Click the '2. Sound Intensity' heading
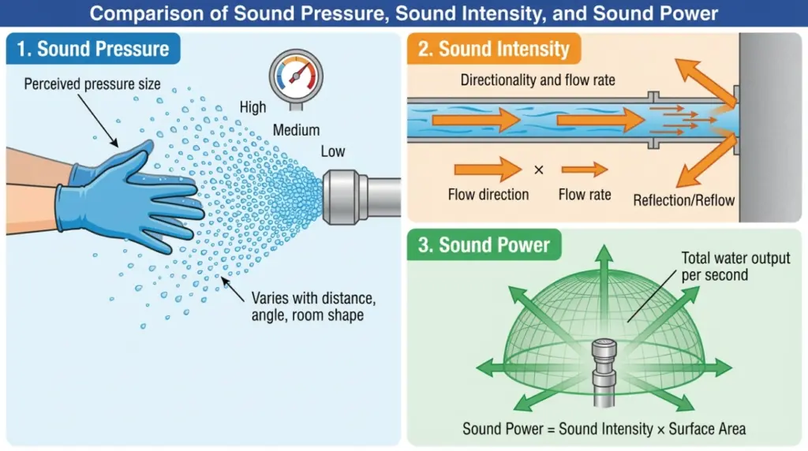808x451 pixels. (x=495, y=49)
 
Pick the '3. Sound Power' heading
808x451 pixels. (x=484, y=244)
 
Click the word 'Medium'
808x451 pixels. (x=296, y=130)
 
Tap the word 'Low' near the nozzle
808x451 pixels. (x=332, y=151)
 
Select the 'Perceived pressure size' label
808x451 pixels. (x=92, y=83)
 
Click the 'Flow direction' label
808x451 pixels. (x=488, y=194)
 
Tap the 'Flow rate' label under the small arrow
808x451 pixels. (x=585, y=194)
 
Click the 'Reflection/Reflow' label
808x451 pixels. (x=683, y=200)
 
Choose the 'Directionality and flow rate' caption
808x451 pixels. (x=538, y=80)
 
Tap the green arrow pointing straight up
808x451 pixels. (x=604, y=268)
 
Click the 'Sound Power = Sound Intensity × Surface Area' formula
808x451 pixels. (x=604, y=429)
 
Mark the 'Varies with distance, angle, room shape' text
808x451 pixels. (x=309, y=307)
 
